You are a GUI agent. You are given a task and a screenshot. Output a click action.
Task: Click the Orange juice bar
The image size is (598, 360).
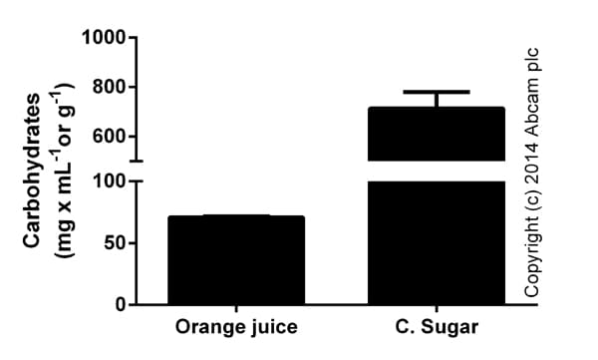click(x=236, y=259)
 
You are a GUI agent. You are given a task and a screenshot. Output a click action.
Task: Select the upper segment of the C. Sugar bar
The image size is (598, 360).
click(x=437, y=134)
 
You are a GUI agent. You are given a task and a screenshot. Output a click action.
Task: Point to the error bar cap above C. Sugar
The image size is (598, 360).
click(x=437, y=92)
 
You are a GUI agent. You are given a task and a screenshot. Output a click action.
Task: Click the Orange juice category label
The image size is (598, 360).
click(x=236, y=327)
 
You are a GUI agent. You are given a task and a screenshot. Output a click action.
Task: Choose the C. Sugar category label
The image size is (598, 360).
click(x=437, y=327)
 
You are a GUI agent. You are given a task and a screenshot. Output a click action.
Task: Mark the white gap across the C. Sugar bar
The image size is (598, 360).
click(x=437, y=171)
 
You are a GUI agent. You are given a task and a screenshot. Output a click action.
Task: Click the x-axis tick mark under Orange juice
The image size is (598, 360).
click(x=236, y=309)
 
